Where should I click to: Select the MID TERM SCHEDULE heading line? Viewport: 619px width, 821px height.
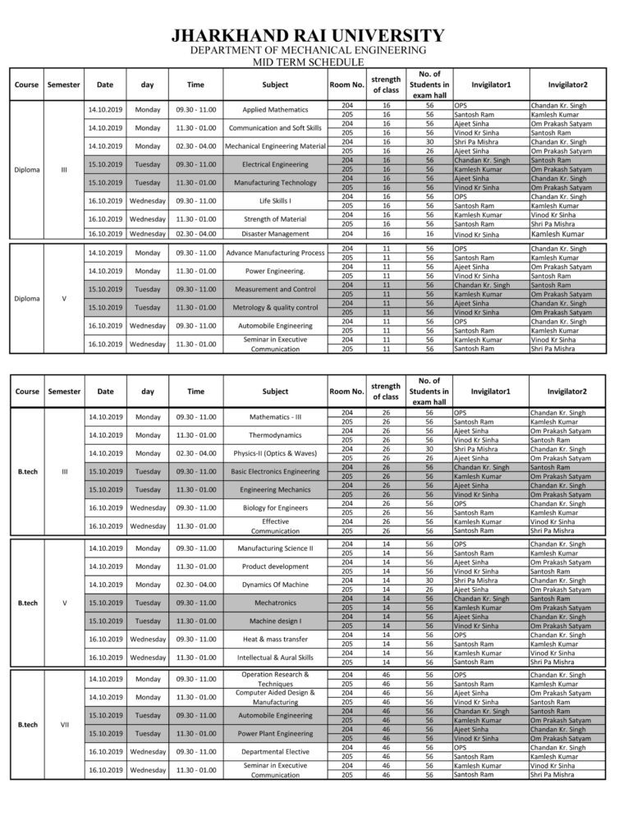coord(309,62)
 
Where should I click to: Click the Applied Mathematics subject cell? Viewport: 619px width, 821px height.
coord(275,110)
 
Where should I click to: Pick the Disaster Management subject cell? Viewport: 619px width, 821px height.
coord(275,233)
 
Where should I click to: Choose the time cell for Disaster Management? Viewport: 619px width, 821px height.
coord(195,233)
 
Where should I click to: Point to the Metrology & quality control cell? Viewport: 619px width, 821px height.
coord(275,308)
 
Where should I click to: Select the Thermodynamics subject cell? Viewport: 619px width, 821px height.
coord(275,435)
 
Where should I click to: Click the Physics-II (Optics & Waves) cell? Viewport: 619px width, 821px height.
coord(275,453)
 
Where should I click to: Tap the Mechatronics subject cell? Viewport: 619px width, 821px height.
coord(275,602)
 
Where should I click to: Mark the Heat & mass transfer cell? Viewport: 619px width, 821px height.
coord(275,639)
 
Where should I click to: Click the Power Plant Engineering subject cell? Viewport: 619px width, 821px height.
coord(275,733)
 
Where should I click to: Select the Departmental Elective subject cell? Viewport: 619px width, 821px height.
coord(275,751)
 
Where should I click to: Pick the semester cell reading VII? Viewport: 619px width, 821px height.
coord(64,724)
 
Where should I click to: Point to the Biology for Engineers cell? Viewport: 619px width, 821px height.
coord(275,507)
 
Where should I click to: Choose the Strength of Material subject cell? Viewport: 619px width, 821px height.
coord(275,219)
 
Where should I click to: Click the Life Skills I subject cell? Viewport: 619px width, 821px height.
coord(275,201)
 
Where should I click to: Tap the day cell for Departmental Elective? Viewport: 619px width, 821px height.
coord(148,751)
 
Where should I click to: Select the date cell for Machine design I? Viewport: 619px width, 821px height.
coord(105,621)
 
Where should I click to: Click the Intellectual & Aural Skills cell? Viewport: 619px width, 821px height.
coord(275,657)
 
